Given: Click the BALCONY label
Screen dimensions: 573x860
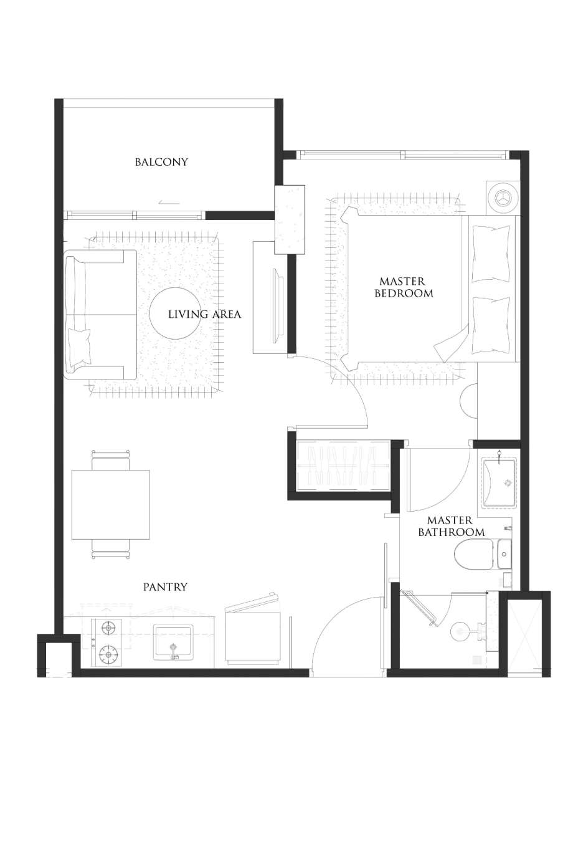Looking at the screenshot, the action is [161, 162].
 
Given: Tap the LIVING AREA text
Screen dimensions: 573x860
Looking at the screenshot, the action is [204, 315].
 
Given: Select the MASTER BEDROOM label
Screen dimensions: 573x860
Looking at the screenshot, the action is [404, 287].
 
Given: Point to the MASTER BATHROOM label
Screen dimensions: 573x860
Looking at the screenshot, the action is [451, 527].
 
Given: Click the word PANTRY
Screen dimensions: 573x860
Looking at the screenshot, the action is [165, 587].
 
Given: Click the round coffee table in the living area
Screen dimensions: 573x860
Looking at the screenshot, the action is [175, 313].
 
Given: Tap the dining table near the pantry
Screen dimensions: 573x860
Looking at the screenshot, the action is [110, 505].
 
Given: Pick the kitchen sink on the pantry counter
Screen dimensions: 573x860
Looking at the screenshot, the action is [173, 643].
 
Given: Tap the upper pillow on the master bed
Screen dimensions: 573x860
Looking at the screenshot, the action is [491, 254].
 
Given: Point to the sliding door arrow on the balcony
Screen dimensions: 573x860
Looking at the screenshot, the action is [168, 203].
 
